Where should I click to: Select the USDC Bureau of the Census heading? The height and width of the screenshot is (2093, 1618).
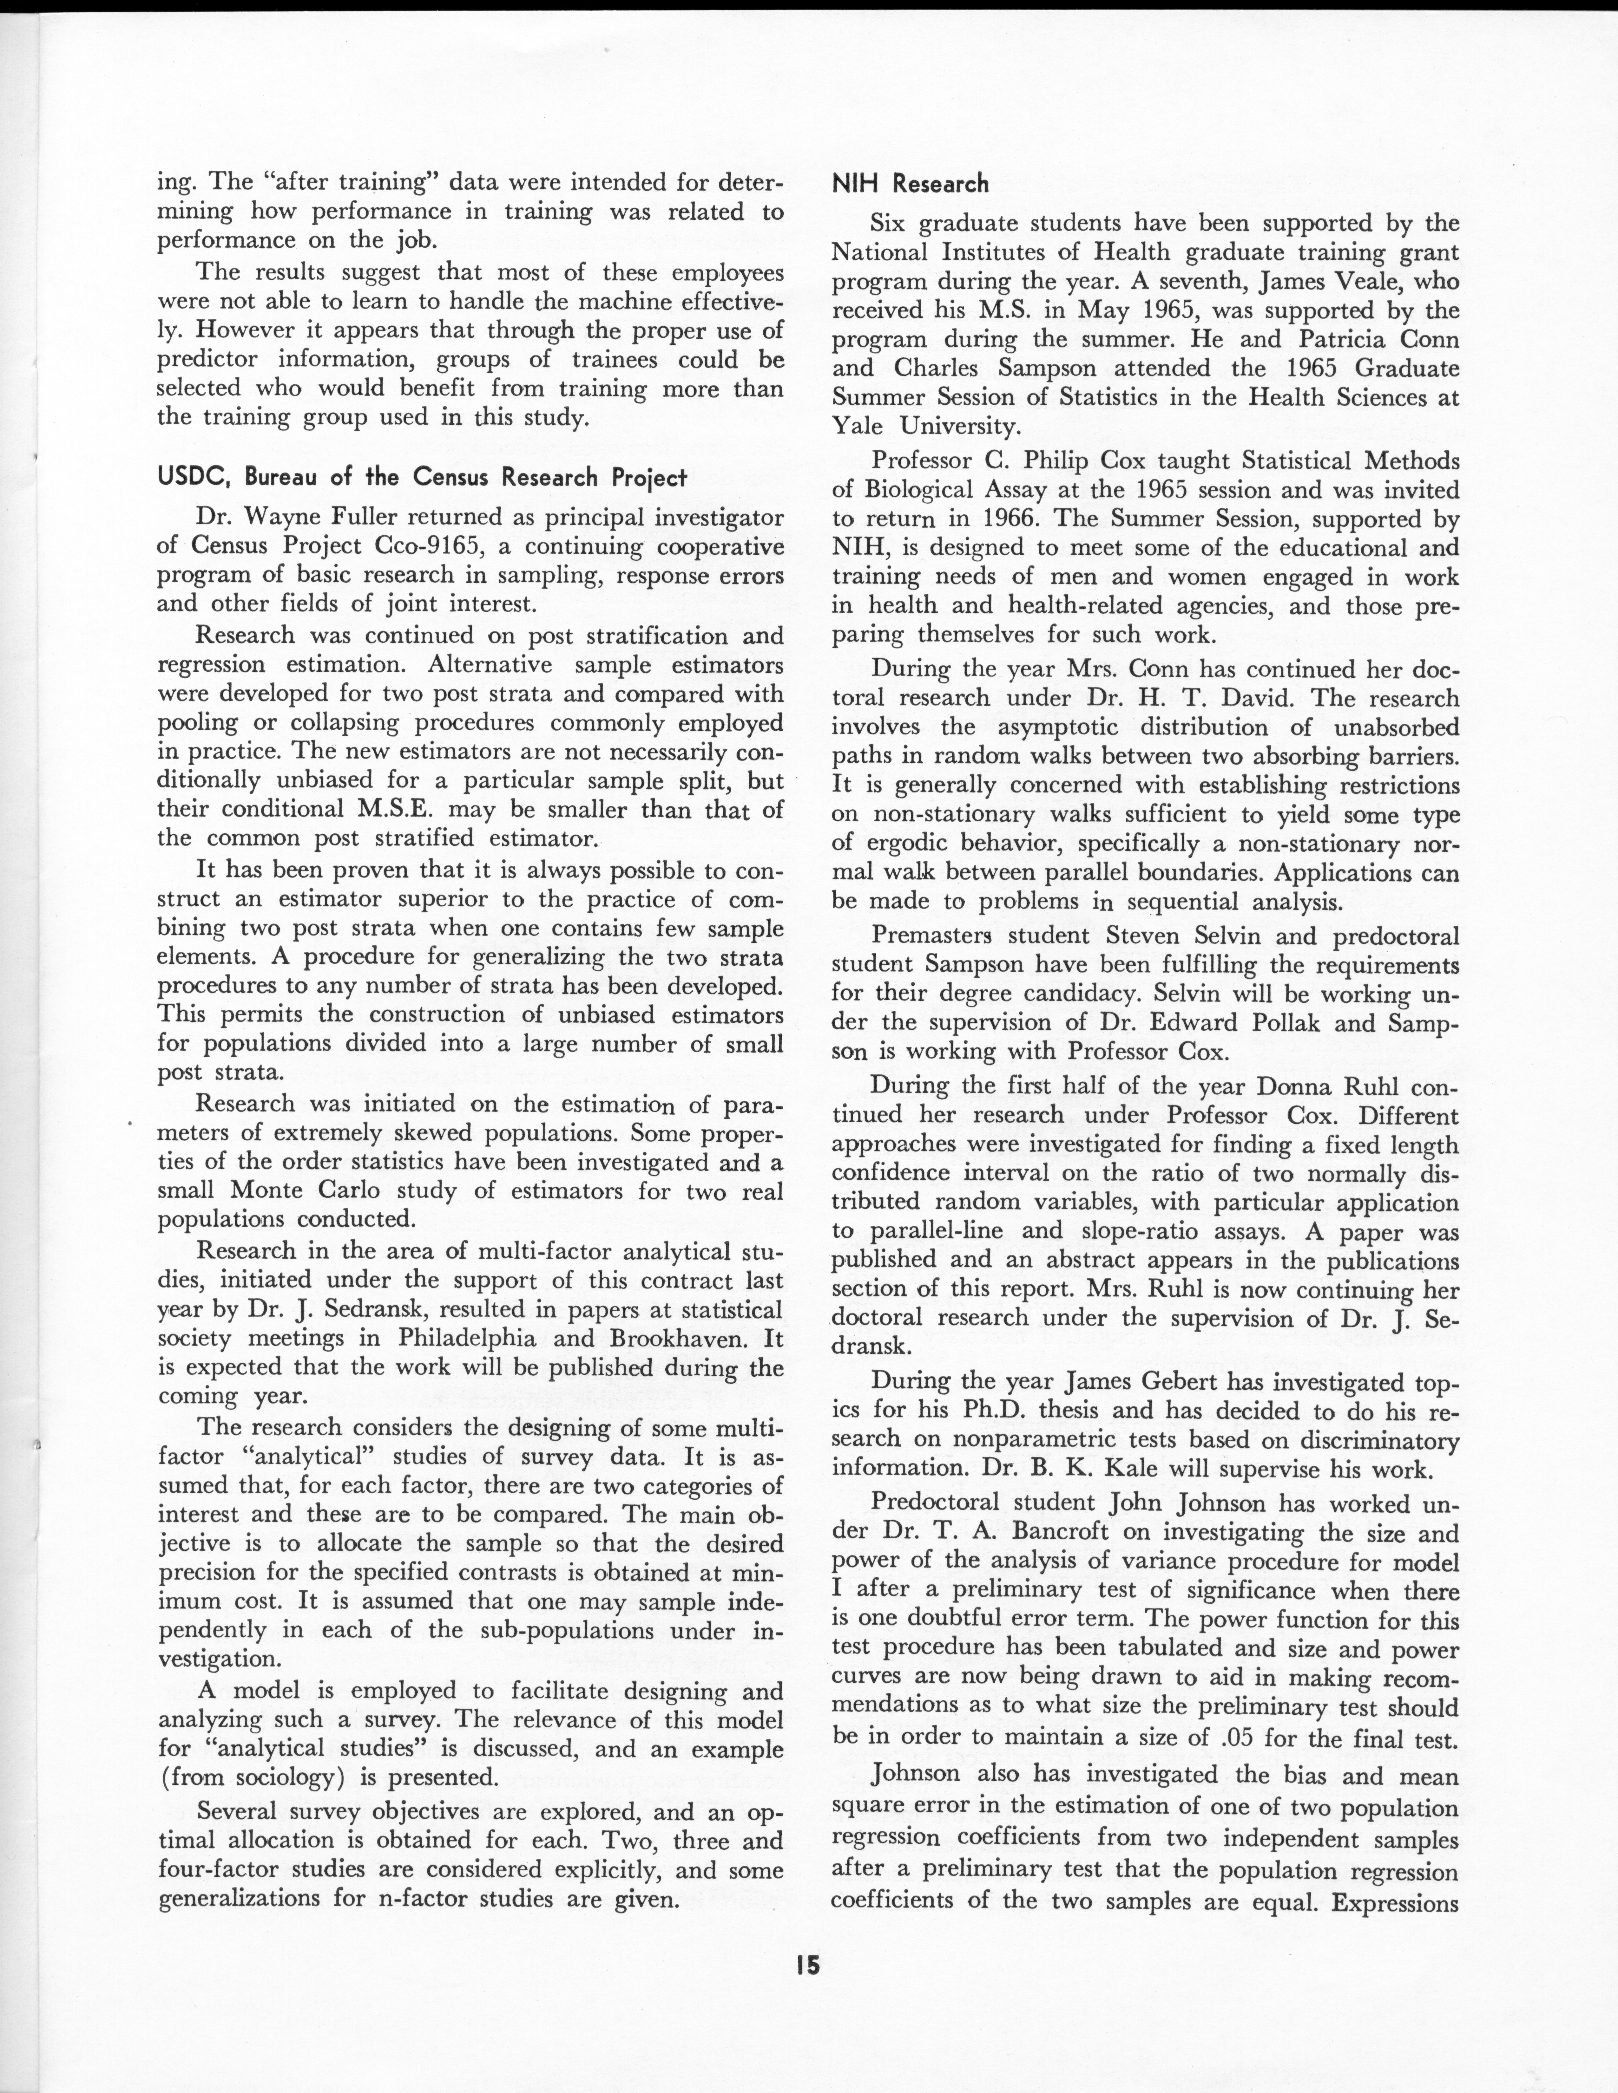(x=422, y=477)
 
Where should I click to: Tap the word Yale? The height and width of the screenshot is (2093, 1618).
(x=860, y=426)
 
